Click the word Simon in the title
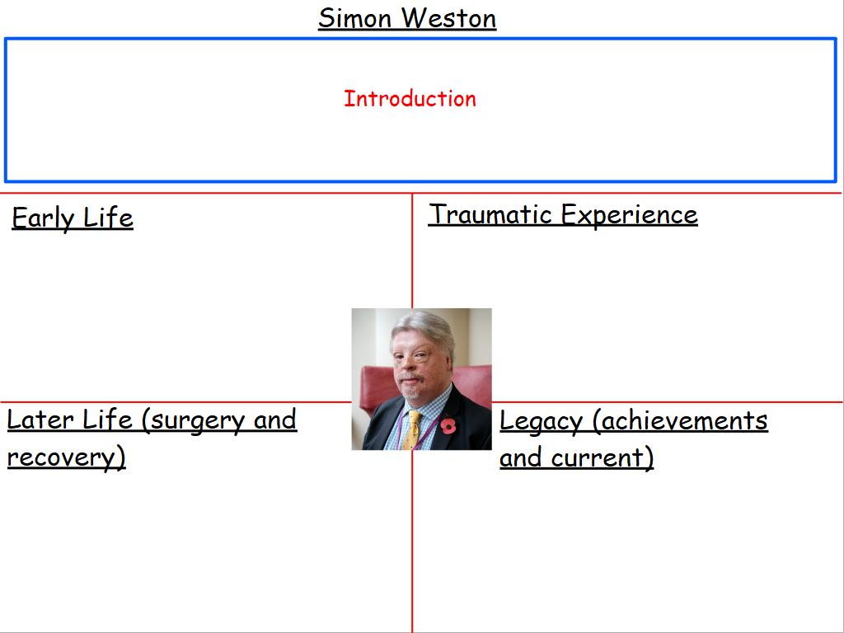pyautogui.click(x=354, y=18)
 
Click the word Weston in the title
pyautogui.click(x=449, y=18)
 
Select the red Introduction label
pyautogui.click(x=410, y=99)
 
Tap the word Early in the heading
pyautogui.click(x=43, y=218)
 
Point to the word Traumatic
pyautogui.click(x=490, y=214)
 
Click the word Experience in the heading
pyautogui.click(x=629, y=215)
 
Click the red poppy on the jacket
pyautogui.click(x=448, y=425)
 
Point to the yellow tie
pyautogui.click(x=412, y=429)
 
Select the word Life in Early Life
pyautogui.click(x=108, y=218)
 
